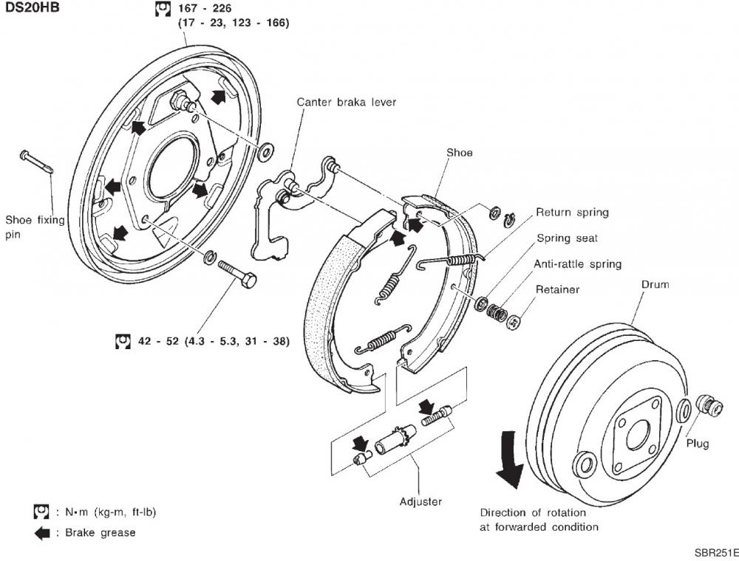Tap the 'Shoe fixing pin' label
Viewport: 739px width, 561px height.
point(35,226)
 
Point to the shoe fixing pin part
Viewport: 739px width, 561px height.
point(36,163)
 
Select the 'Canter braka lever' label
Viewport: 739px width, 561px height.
point(346,102)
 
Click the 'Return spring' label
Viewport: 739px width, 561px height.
point(572,213)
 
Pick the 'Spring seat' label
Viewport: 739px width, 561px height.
point(567,238)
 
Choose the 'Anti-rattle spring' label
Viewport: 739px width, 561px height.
point(578,264)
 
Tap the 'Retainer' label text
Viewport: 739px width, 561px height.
point(557,289)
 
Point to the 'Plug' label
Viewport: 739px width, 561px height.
point(697,444)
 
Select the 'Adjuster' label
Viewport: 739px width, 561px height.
point(420,501)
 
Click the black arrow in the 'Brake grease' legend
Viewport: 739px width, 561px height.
point(42,532)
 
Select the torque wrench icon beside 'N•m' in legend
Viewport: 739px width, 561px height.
point(41,512)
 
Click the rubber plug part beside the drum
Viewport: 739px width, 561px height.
point(710,407)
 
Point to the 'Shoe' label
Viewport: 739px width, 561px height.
point(459,153)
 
